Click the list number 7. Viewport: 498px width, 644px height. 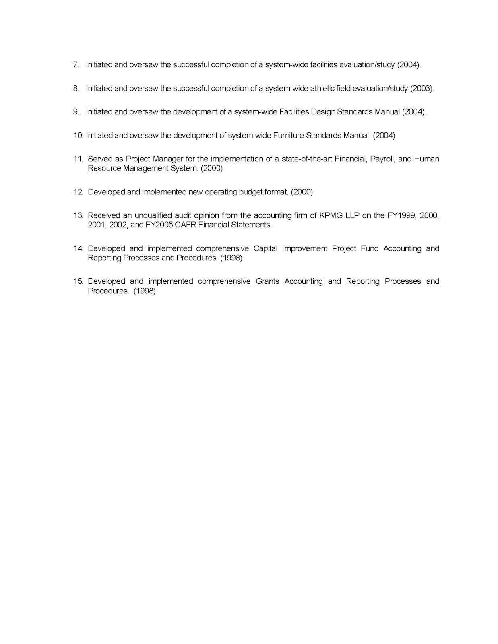76,65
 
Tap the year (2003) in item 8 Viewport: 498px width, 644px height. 422,89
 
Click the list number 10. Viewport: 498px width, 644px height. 78,136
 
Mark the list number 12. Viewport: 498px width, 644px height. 78,192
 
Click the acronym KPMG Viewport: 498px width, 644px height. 330,215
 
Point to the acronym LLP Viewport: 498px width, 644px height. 352,215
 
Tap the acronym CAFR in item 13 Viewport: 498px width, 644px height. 185,225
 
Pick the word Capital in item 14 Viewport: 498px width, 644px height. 265,248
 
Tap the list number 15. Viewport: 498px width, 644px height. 78,281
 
